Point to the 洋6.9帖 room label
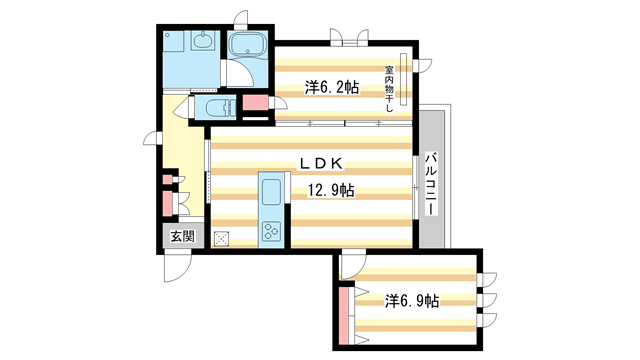click(x=412, y=300)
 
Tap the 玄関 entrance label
click(x=182, y=237)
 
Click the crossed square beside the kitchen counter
click(x=221, y=238)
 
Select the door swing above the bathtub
click(x=240, y=17)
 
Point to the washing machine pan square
click(x=173, y=47)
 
